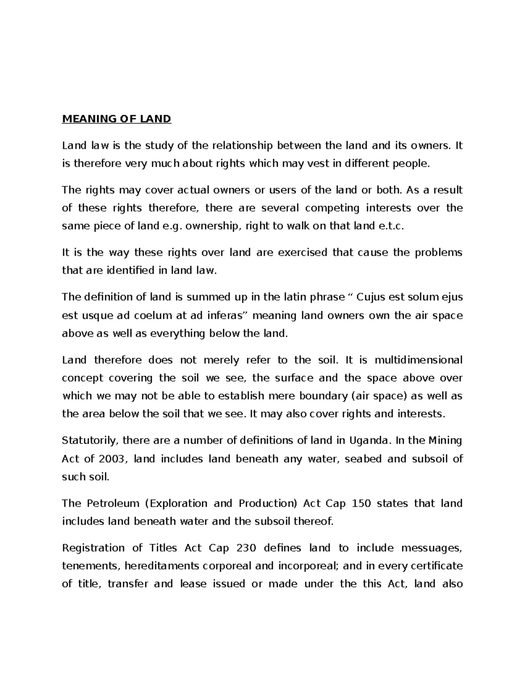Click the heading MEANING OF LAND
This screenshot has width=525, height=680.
(x=116, y=119)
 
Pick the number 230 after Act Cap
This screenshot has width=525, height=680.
(x=248, y=548)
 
